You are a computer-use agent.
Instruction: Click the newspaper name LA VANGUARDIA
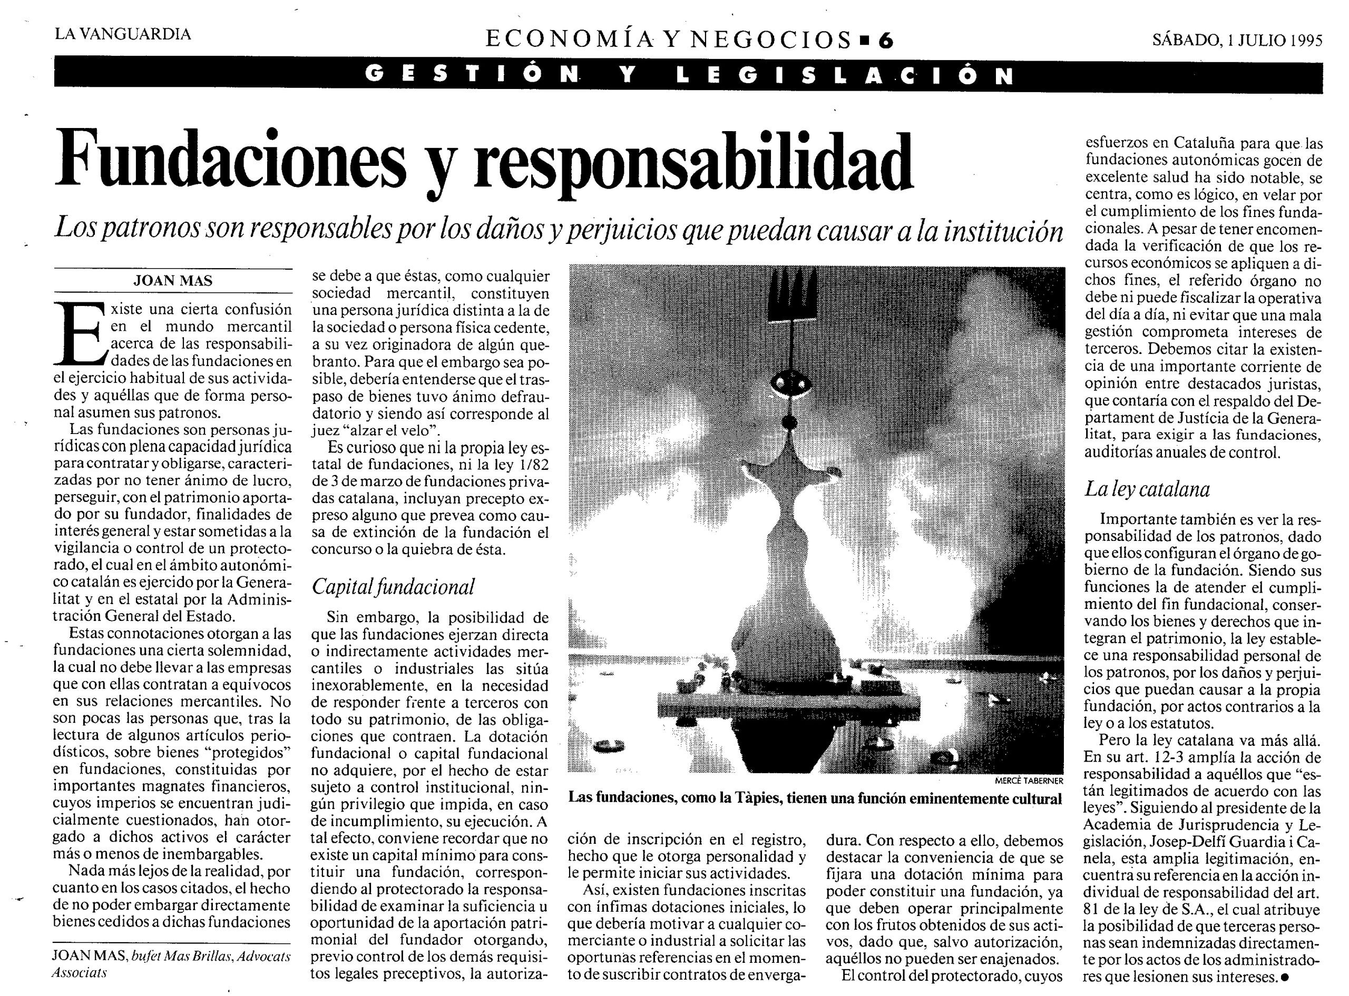[123, 34]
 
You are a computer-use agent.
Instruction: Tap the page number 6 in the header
[885, 41]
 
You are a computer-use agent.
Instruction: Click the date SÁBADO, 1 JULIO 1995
[1237, 41]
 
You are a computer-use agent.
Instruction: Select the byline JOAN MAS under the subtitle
[173, 281]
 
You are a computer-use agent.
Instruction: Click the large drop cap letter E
[79, 333]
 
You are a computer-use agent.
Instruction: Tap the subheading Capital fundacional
[393, 587]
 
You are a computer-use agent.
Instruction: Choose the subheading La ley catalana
[1147, 489]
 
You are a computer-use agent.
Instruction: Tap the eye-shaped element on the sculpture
[789, 382]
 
